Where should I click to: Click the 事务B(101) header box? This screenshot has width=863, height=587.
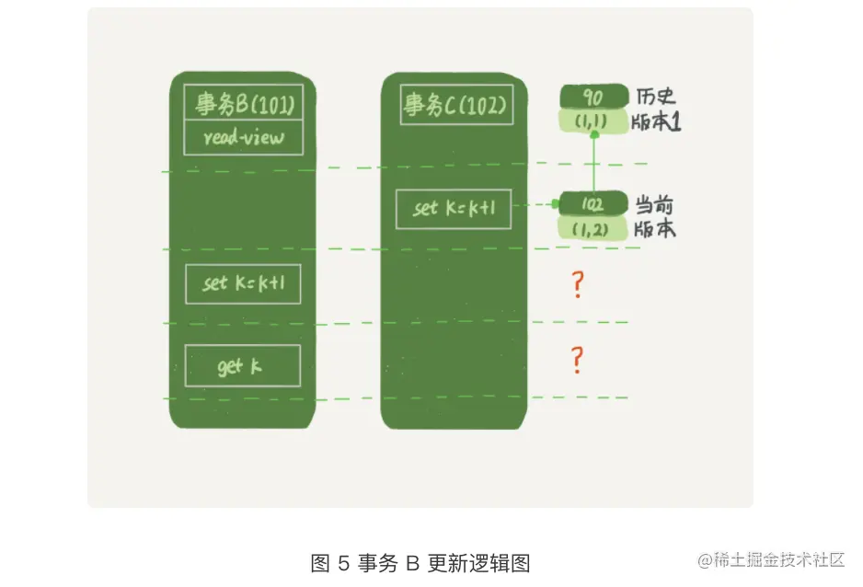click(244, 104)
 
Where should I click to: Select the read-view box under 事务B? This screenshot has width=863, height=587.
click(244, 138)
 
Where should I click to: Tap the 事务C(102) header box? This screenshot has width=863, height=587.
click(455, 105)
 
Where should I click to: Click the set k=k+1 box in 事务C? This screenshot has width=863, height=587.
click(454, 209)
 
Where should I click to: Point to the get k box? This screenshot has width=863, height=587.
click(242, 366)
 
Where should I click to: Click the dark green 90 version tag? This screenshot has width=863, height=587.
click(593, 97)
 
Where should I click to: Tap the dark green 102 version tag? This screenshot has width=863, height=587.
click(593, 203)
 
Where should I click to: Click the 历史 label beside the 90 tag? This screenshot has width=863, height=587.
click(656, 97)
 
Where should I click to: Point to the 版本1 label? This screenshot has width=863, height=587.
click(656, 122)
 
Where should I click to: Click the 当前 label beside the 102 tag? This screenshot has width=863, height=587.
click(656, 203)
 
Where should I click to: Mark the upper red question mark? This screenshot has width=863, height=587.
click(577, 285)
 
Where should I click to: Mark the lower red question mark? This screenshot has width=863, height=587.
click(577, 360)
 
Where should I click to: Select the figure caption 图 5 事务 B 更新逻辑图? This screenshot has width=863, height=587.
click(420, 563)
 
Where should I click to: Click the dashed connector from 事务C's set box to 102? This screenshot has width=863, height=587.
click(535, 205)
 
